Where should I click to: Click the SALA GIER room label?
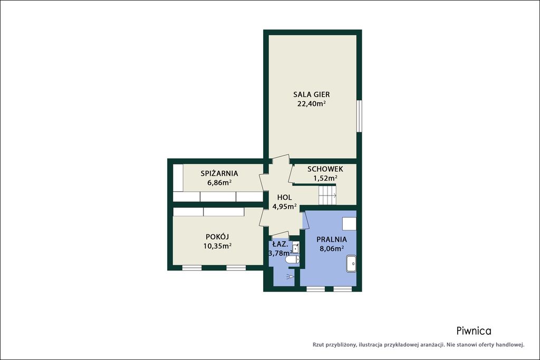(x=311, y=94)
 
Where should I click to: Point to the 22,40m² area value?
(x=312, y=104)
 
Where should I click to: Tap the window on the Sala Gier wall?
(x=359, y=116)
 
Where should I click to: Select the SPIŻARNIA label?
(x=219, y=173)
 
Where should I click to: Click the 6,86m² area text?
(x=219, y=182)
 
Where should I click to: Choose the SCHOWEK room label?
(x=325, y=169)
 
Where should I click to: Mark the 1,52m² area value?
(x=325, y=178)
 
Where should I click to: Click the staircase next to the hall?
(x=327, y=196)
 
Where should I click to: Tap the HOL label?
(x=284, y=197)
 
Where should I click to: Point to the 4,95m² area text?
(x=284, y=207)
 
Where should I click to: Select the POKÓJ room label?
(x=217, y=237)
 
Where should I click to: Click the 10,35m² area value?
(x=217, y=246)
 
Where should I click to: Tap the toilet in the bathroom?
(x=293, y=259)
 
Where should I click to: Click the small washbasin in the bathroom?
(x=295, y=247)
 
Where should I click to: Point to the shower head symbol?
(x=291, y=276)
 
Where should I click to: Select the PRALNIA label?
(x=332, y=239)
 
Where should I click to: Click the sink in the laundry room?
(x=351, y=264)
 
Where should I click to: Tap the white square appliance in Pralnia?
(x=349, y=223)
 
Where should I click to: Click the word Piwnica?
(x=474, y=331)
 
